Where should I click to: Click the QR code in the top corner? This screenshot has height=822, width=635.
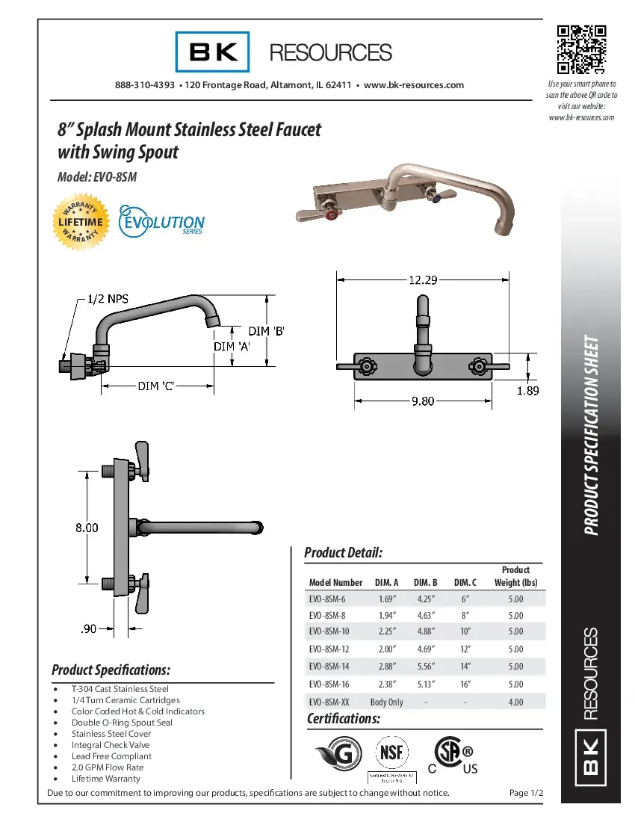tap(581, 50)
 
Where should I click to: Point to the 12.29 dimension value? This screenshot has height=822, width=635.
tap(423, 279)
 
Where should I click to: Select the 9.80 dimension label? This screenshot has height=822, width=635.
tap(423, 401)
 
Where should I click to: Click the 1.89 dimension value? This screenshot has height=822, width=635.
tap(527, 390)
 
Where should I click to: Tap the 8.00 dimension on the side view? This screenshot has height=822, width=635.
tap(87, 528)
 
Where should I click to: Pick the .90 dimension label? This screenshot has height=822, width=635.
tap(88, 630)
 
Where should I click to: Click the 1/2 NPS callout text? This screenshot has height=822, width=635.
tap(108, 299)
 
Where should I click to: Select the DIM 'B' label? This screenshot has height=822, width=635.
tap(267, 330)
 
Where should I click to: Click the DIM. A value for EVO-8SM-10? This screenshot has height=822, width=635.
tap(386, 631)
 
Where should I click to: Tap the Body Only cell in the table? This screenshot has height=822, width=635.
tap(386, 702)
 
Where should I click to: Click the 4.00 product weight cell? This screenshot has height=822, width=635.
tap(515, 702)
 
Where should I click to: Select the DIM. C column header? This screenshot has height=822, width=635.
tap(465, 583)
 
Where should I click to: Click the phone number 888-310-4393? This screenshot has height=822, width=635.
tap(145, 85)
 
